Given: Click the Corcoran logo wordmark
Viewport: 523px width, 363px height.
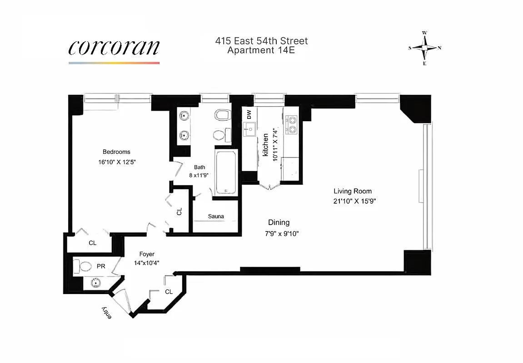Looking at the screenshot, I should tap(114, 48).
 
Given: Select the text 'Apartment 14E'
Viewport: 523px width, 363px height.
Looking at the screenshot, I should tap(261, 50).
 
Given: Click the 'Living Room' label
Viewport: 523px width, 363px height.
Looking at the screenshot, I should tap(353, 191).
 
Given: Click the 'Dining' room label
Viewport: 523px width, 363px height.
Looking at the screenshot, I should tap(279, 222).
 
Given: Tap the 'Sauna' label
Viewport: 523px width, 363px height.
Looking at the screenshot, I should tap(216, 216).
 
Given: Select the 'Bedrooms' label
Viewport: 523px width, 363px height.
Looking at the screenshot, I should tap(116, 152).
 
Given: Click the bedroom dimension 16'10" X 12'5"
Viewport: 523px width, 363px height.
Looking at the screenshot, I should tap(116, 162).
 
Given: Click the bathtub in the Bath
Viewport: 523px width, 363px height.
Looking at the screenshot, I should tap(225, 173).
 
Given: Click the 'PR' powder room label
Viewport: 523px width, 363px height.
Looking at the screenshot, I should tap(101, 266).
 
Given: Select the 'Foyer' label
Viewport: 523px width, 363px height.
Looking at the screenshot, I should tap(147, 254).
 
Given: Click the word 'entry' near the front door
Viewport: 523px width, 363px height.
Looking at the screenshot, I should tap(106, 313).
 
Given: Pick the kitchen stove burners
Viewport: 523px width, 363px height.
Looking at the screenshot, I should tap(291, 125).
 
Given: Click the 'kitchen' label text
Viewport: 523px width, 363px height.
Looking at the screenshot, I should tap(265, 145).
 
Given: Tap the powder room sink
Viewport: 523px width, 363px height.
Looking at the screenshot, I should tap(96, 283).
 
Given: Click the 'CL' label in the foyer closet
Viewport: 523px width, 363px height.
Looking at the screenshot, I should tap(169, 291).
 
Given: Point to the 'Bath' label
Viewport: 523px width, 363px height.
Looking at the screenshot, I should tap(200, 167).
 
